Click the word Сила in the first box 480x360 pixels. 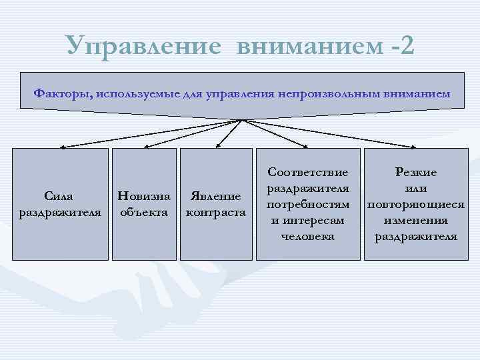click(59, 197)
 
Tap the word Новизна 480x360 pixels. click(145, 197)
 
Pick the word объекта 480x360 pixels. click(145, 213)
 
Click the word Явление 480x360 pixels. click(215, 197)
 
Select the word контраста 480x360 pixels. click(215, 213)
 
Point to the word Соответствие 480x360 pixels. click(308, 172)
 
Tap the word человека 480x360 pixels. click(308, 236)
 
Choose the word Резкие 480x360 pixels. click(416, 172)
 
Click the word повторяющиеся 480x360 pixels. click(416, 204)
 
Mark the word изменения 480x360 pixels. click(416, 220)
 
